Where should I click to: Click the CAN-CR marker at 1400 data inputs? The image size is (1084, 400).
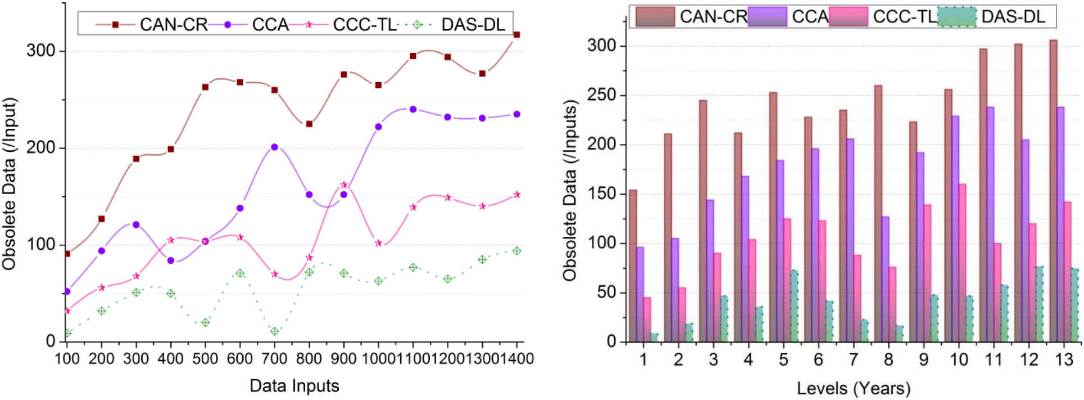[x=517, y=35]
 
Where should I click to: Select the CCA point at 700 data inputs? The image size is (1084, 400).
[x=275, y=147]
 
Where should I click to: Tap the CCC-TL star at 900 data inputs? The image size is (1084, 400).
[x=344, y=185]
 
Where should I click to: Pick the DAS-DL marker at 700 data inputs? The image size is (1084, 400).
[x=275, y=331]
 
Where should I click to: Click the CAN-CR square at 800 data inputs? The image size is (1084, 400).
[x=309, y=124]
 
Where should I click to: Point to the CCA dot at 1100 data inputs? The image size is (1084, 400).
[x=413, y=109]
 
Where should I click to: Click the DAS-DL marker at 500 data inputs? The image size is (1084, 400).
[x=206, y=322]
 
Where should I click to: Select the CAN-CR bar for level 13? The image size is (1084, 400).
[x=1053, y=191]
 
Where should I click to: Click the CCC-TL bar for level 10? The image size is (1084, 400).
[x=963, y=263]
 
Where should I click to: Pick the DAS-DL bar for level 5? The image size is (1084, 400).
[x=795, y=306]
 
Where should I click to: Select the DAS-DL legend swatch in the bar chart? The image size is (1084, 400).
[x=958, y=16]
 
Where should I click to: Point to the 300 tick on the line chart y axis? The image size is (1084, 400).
[x=41, y=51]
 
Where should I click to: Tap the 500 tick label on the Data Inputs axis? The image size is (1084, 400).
[x=205, y=358]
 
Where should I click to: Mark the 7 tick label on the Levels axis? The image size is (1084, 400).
[x=853, y=359]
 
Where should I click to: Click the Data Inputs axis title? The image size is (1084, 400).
[x=294, y=386]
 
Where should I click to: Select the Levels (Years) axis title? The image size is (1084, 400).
[x=854, y=388]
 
